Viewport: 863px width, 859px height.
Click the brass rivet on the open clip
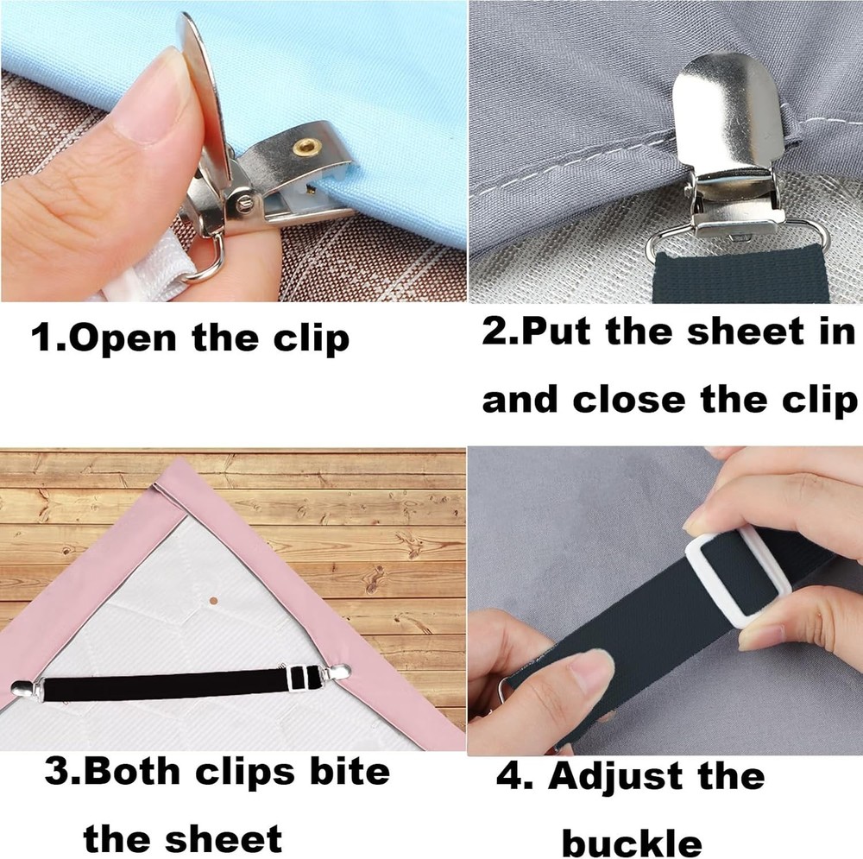(x=305, y=148)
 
